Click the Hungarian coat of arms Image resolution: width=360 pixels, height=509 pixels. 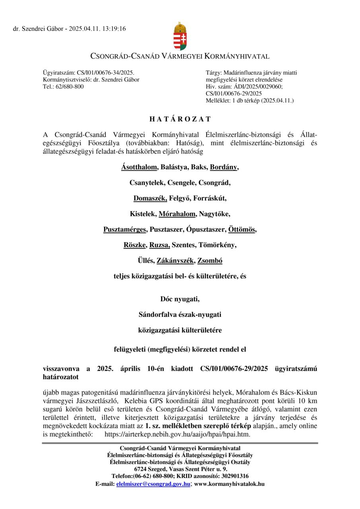(180, 36)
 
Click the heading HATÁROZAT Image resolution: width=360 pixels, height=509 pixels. (180, 119)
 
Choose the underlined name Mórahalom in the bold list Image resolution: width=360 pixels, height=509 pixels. (177, 214)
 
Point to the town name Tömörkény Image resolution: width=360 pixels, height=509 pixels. (219, 245)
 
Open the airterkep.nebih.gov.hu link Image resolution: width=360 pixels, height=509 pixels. (177, 434)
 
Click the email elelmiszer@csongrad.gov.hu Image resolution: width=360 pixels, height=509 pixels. (153, 484)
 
